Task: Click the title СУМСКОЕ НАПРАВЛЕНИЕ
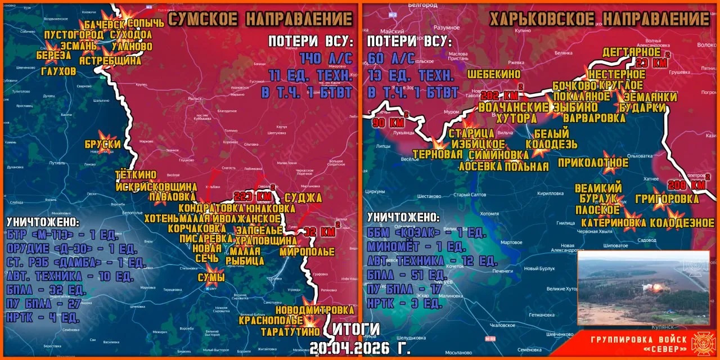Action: point(260,19)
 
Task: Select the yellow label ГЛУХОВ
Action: point(58,71)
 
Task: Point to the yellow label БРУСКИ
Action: point(103,144)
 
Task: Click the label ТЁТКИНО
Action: point(135,175)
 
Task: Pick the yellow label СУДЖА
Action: point(303,197)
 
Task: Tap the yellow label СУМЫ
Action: point(211,277)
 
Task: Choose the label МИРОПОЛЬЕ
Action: point(307,251)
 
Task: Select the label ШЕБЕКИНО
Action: point(493,74)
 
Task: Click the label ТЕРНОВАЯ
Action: point(433,155)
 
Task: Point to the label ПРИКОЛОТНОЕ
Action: point(593,163)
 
